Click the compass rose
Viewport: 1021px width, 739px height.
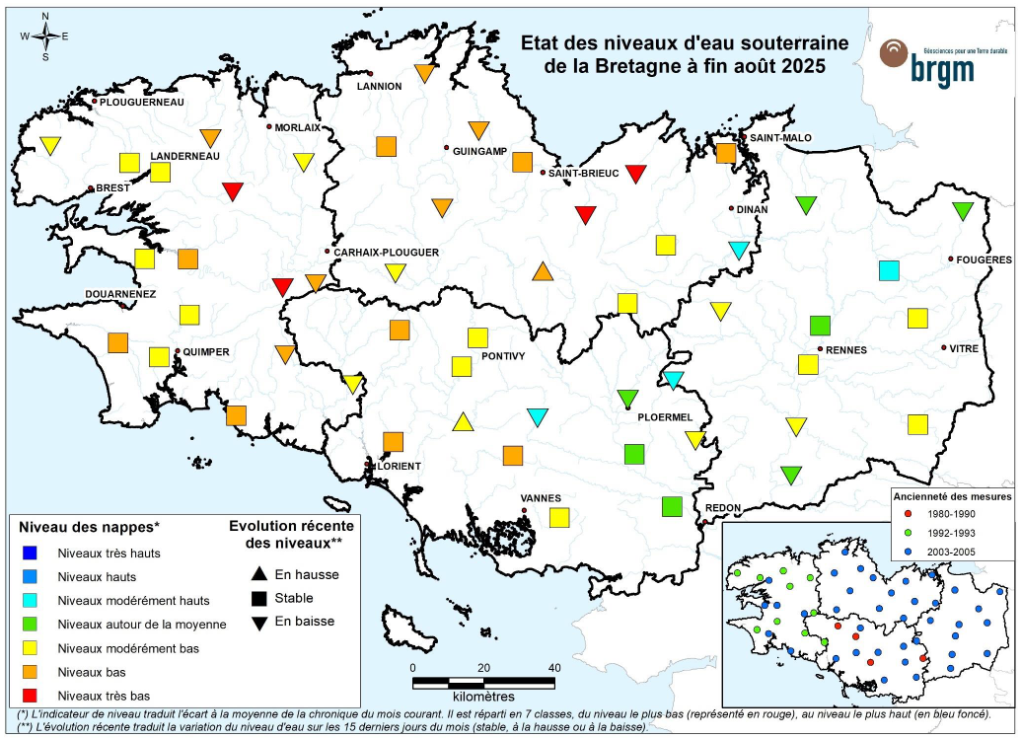point(45,37)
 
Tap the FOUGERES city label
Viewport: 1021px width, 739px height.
point(985,259)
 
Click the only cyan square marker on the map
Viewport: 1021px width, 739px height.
point(889,269)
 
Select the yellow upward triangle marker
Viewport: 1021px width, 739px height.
point(462,422)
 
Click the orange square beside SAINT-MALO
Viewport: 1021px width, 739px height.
point(726,153)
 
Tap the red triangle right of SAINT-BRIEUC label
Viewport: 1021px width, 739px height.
point(636,175)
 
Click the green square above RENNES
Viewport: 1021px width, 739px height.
point(819,325)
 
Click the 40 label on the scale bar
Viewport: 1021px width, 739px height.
point(554,667)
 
